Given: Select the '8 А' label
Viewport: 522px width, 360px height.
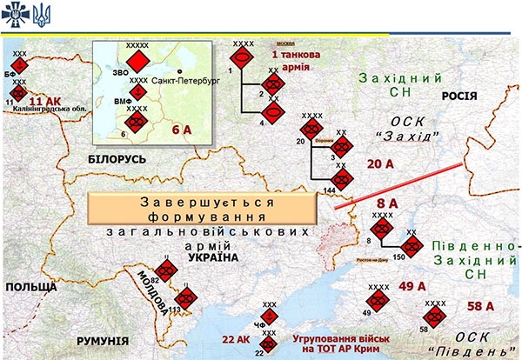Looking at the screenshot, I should click(385, 203).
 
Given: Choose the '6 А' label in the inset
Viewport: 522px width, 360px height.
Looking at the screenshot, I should click(181, 130).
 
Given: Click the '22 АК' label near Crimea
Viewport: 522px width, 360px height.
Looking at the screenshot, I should click(236, 338).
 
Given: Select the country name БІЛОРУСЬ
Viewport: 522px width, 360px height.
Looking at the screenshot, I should click(118, 159).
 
